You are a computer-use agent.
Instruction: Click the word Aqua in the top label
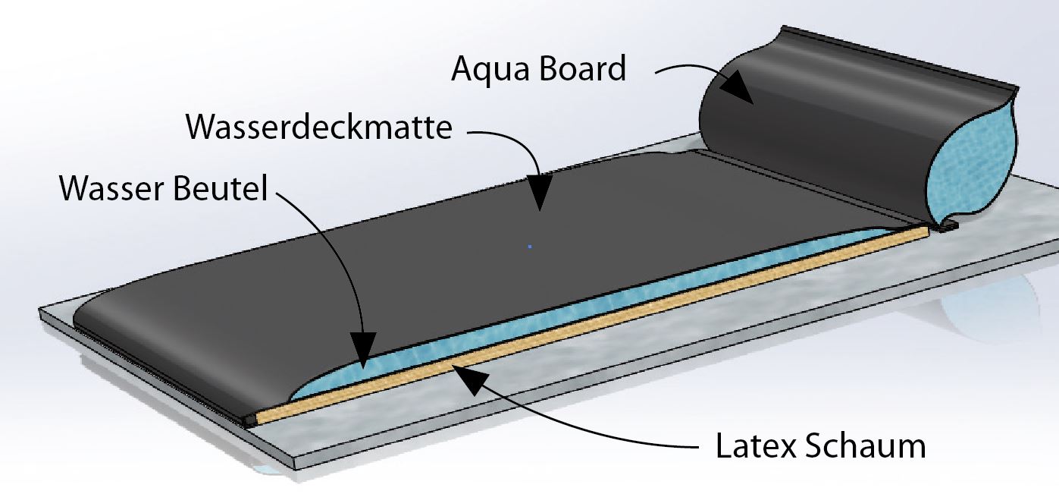pos(490,69)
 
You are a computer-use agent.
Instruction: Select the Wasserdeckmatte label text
pos(319,127)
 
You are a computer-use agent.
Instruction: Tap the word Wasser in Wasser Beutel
pos(112,189)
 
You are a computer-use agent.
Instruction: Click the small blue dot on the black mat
pos(530,246)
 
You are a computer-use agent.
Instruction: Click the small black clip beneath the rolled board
pos(948,226)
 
